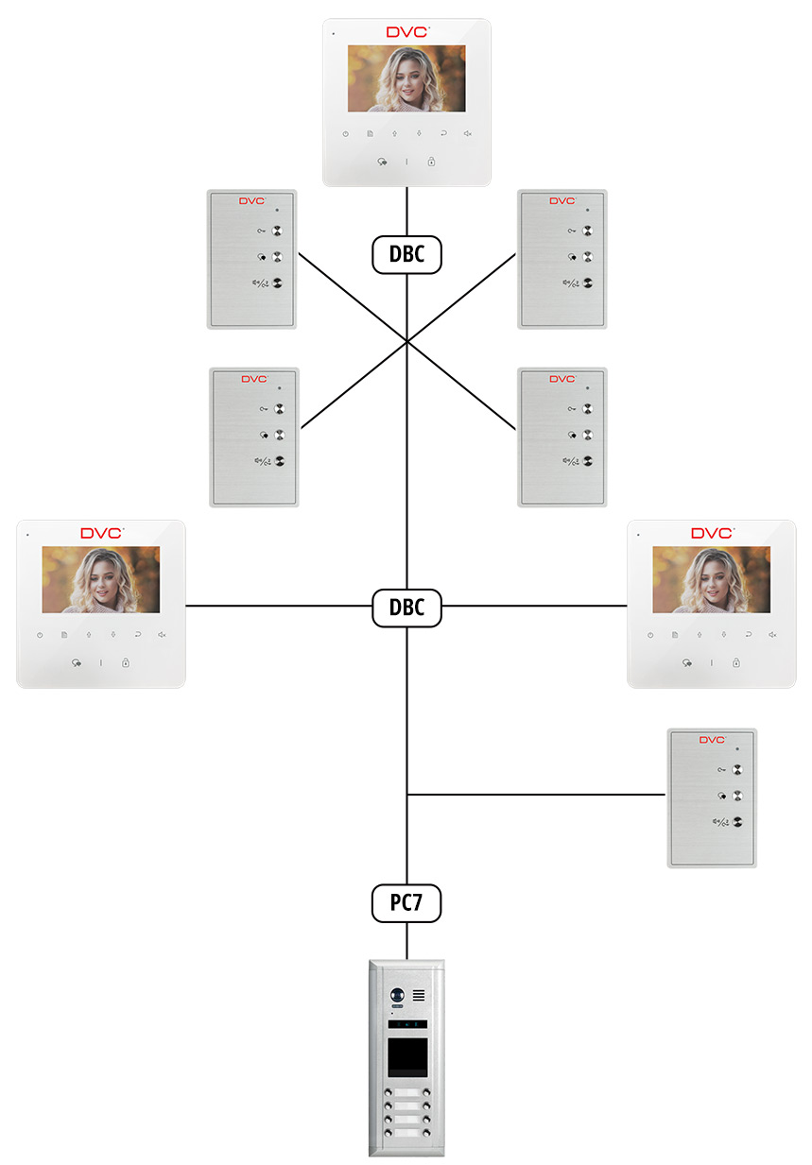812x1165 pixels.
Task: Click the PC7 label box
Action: point(406,904)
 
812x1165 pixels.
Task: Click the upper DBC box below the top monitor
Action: point(406,254)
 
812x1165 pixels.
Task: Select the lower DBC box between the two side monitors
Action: point(406,608)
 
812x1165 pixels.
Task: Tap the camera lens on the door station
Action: point(397,995)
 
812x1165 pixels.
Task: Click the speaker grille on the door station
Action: point(419,995)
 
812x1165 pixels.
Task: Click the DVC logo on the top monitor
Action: point(406,32)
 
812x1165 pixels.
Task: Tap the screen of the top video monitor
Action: point(406,78)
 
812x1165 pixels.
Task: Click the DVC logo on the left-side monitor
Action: point(101,533)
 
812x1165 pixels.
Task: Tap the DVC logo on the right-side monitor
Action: point(712,533)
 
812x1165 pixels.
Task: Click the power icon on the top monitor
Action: point(346,134)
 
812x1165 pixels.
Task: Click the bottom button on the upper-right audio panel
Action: point(588,283)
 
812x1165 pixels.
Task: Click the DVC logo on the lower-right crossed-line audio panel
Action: point(561,379)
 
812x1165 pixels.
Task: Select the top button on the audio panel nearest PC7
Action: point(738,770)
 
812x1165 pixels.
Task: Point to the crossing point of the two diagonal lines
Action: point(406,340)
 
